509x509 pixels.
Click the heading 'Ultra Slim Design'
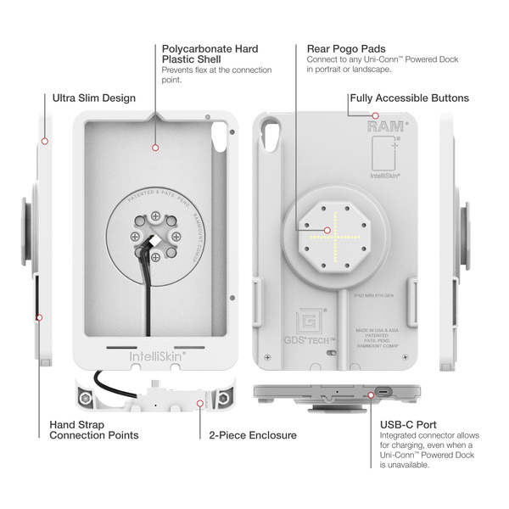pyautogui.click(x=93, y=98)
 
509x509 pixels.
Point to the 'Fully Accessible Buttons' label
pyautogui.click(x=409, y=98)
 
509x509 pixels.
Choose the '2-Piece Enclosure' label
pyautogui.click(x=253, y=435)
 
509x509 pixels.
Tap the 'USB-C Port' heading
pyautogui.click(x=408, y=424)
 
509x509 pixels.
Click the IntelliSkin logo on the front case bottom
pyautogui.click(x=157, y=357)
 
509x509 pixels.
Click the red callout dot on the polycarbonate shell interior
pyautogui.click(x=156, y=148)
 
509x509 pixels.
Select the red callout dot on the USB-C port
pyautogui.click(x=372, y=394)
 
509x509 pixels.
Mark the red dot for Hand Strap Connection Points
pyautogui.click(x=39, y=317)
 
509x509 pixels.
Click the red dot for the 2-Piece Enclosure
pyautogui.click(x=199, y=404)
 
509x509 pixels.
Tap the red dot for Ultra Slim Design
pyautogui.click(x=44, y=140)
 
